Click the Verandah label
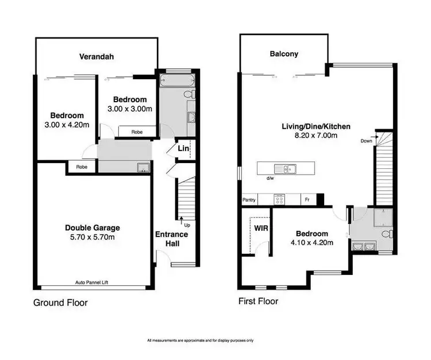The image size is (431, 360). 96,56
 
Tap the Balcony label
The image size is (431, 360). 284,55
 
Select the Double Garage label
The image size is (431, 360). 92,228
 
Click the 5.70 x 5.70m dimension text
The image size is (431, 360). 92,238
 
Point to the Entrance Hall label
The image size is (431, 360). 172,239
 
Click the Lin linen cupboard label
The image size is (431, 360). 183,149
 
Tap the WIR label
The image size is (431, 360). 255,227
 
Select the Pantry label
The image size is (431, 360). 249,200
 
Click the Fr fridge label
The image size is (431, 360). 307,200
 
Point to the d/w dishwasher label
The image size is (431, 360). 269,179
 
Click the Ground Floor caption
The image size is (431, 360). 60,303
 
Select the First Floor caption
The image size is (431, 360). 258,301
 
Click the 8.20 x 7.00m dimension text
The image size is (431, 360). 315,136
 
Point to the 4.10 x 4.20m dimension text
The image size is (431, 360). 311,243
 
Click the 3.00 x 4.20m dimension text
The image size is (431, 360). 67,125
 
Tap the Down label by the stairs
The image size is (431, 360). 366,141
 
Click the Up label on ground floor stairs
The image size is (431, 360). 187,224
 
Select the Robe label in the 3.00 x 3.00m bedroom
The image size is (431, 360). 136,131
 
